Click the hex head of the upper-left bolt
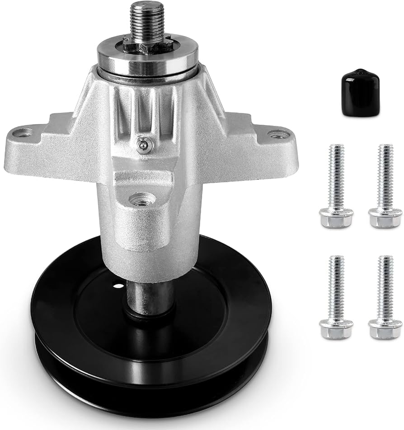point(336,218)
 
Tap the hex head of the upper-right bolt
point(385,218)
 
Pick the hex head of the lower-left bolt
point(336,329)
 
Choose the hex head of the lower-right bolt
point(385,329)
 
